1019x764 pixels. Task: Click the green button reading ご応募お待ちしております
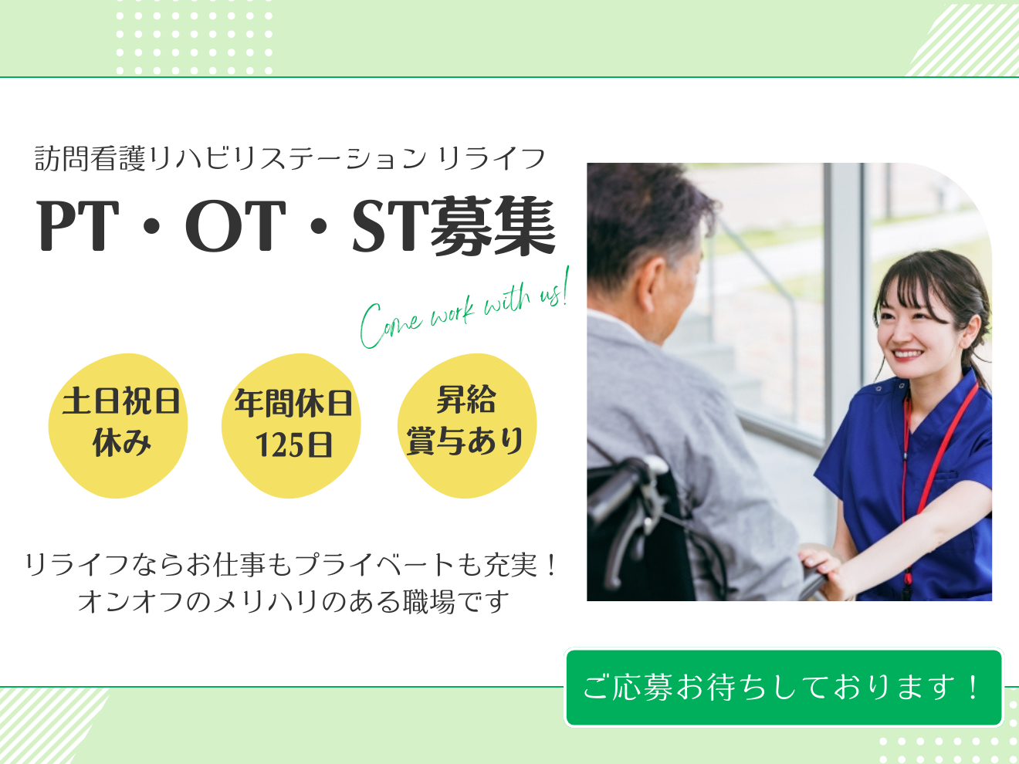(784, 688)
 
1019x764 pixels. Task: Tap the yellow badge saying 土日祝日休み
(118, 425)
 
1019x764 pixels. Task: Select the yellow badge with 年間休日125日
(291, 425)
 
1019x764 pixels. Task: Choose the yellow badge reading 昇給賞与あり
(467, 425)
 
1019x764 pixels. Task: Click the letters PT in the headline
(78, 226)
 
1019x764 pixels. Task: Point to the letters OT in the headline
(235, 226)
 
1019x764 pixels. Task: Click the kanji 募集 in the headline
(493, 226)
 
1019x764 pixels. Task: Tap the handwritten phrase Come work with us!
(464, 309)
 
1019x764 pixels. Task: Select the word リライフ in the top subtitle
(492, 159)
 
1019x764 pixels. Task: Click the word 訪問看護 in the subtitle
(90, 159)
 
